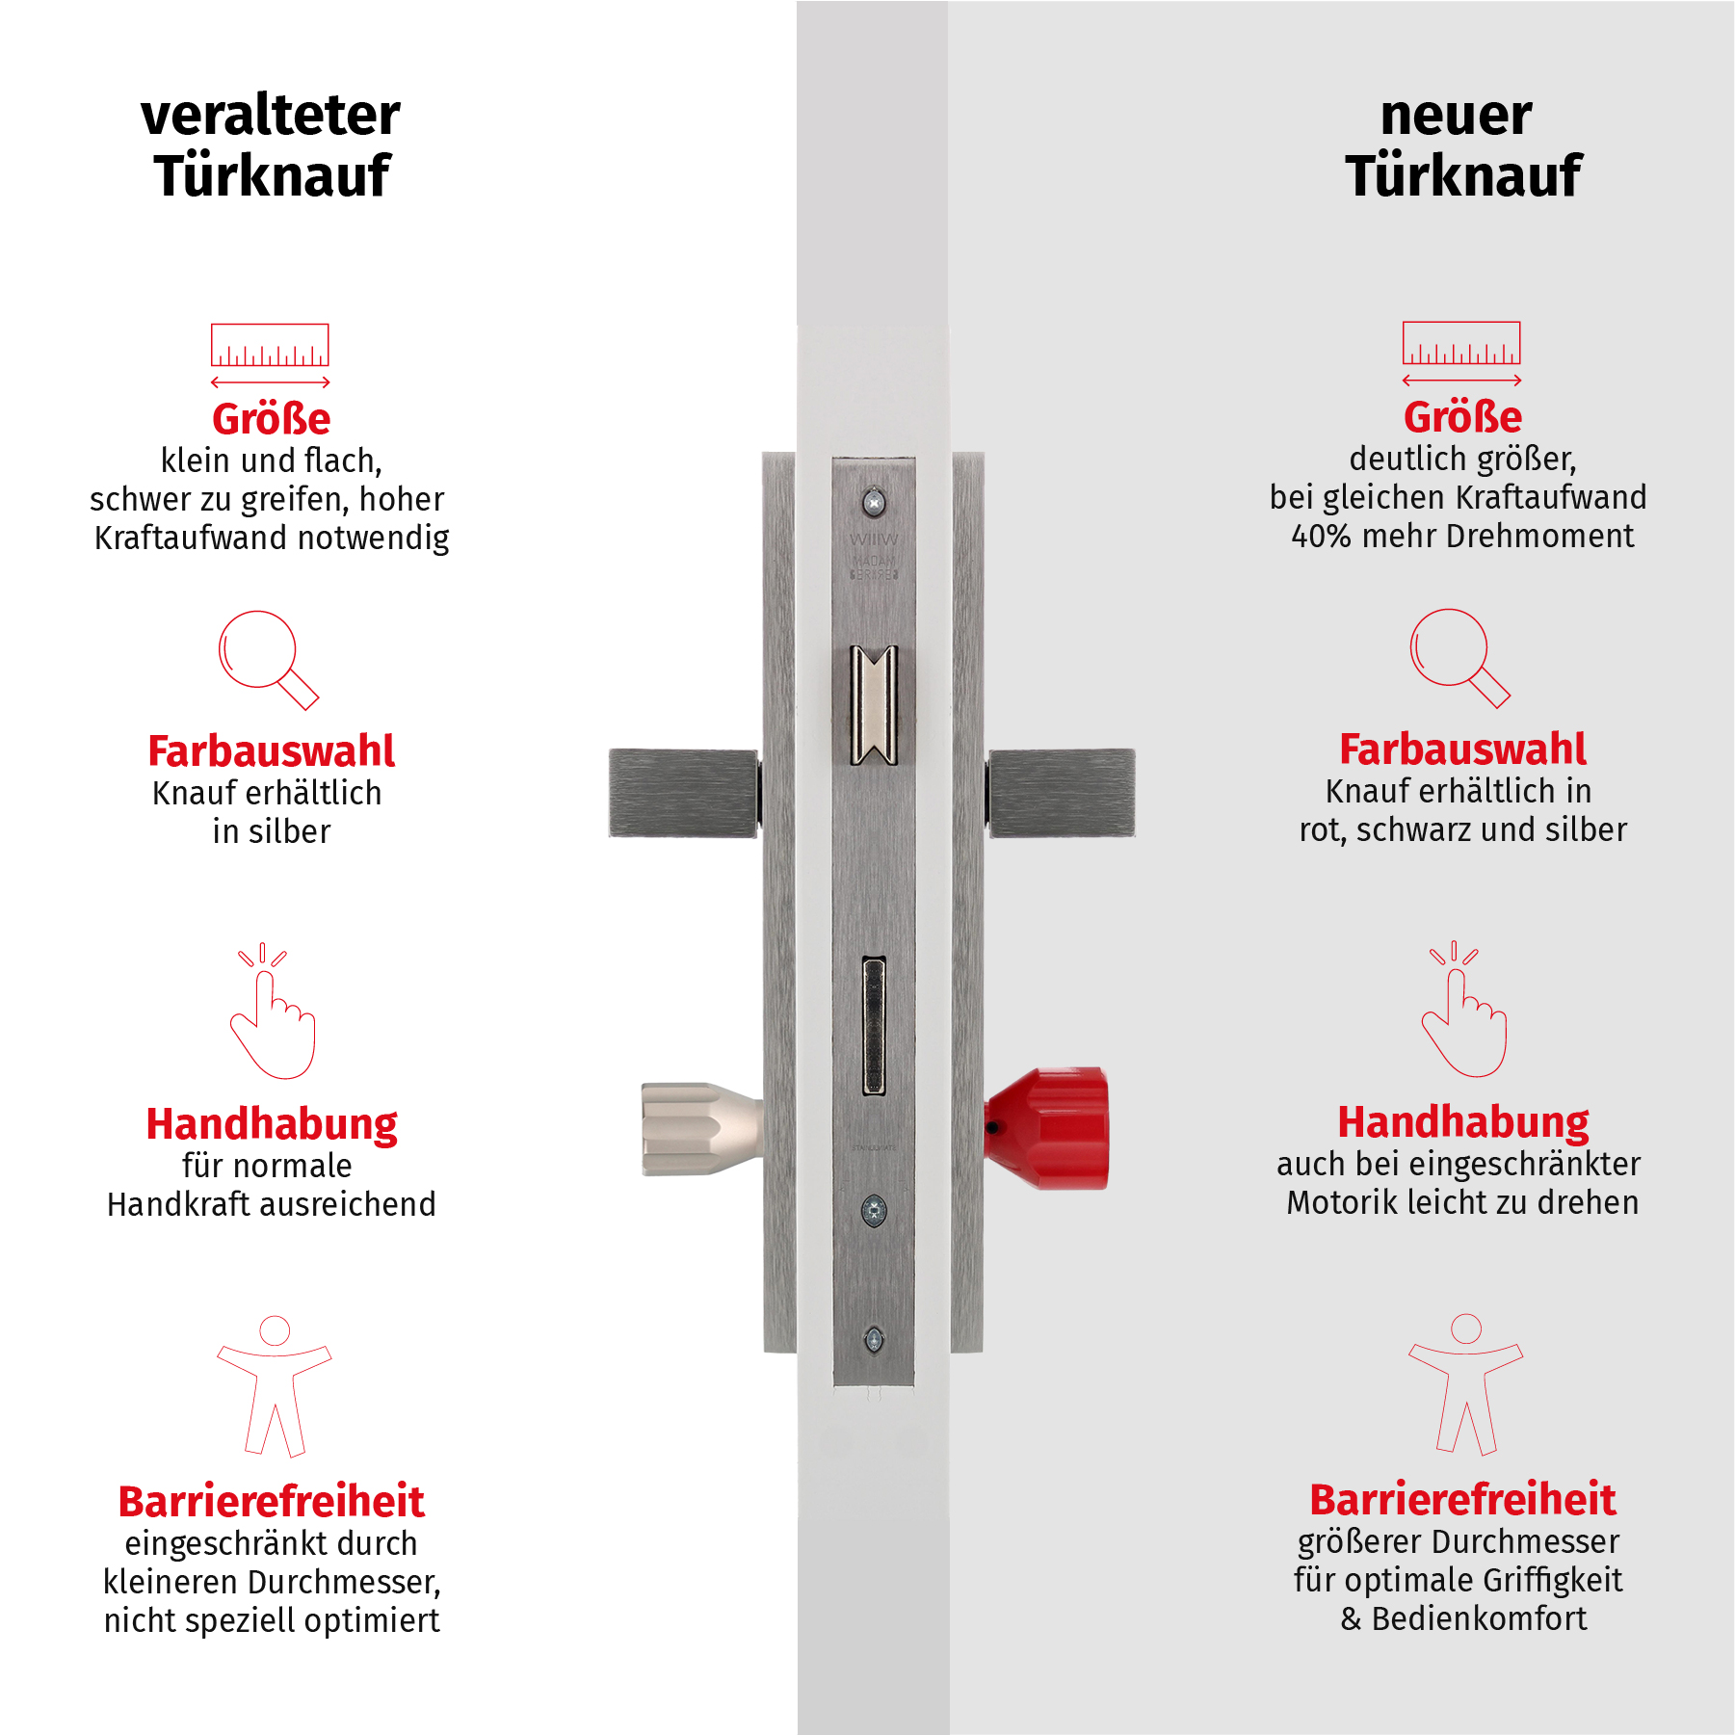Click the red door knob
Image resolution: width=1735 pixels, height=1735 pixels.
point(1050,1128)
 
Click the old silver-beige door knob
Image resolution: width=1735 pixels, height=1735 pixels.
point(698,1129)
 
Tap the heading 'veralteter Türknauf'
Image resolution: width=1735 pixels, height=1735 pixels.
point(271,145)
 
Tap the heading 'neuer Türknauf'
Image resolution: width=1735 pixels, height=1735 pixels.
point(1461,145)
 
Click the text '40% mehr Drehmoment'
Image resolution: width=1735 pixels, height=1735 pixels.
point(1461,536)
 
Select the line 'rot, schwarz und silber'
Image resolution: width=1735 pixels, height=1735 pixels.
point(1462,829)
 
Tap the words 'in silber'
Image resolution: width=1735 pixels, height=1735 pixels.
point(272,831)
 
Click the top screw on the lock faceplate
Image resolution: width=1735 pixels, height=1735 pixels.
point(874,502)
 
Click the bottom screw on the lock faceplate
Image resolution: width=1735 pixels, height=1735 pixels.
point(874,1338)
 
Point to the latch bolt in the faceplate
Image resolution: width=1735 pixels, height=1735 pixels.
point(874,705)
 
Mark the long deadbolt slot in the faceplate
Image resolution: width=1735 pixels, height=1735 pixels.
point(874,1025)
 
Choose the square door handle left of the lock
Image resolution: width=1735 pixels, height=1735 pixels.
point(683,793)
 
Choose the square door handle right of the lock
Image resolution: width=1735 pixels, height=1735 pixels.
point(1062,793)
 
